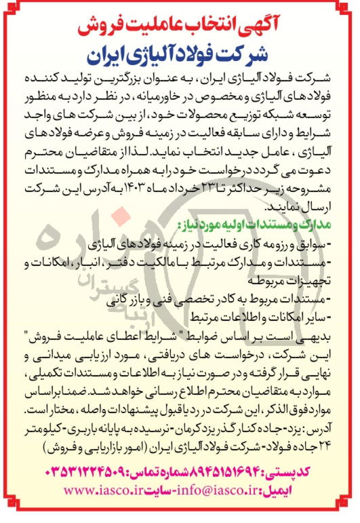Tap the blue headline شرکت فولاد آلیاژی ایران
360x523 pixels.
(180, 50)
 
